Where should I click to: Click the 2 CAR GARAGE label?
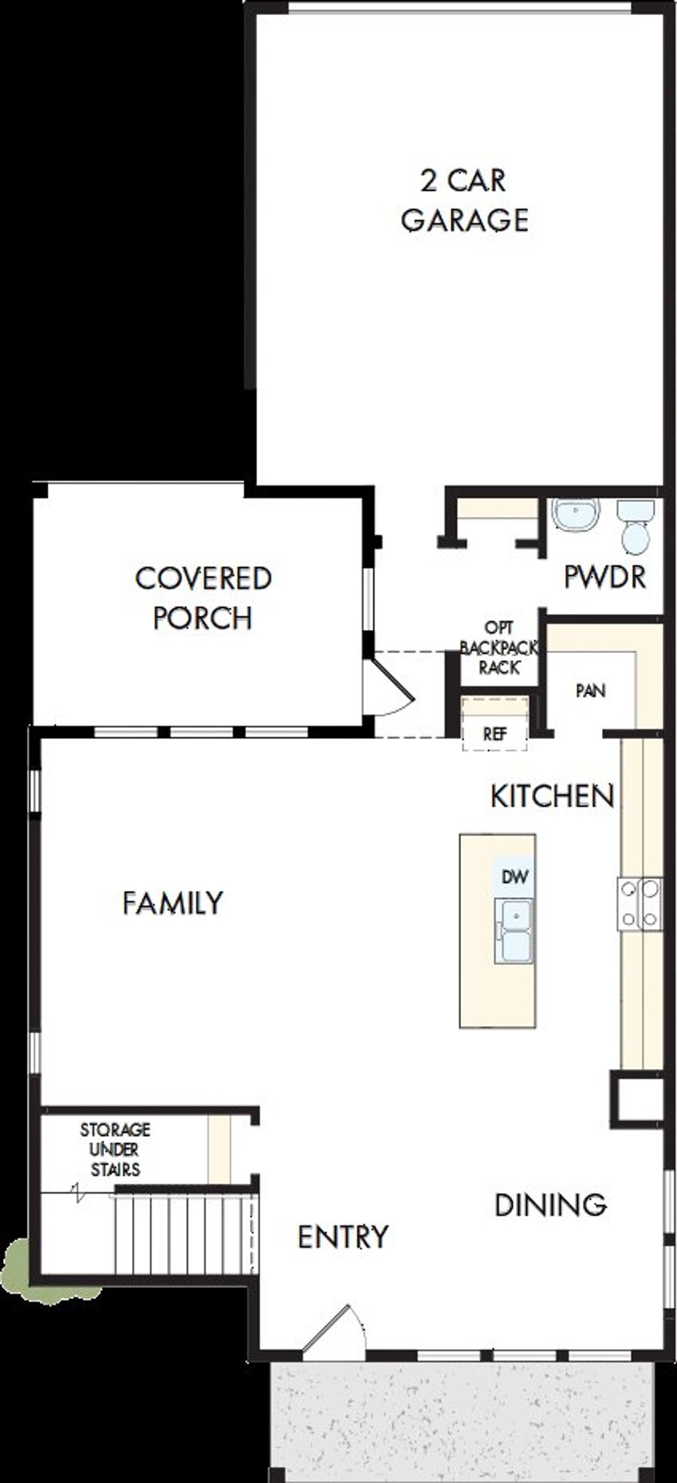coord(464,200)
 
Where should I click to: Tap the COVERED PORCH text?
coord(203,598)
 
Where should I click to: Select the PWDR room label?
coord(605,577)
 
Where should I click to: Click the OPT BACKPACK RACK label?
coord(499,648)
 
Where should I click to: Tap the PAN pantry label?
coord(591,691)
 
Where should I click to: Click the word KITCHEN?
coord(552,797)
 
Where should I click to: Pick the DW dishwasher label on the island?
coord(515,877)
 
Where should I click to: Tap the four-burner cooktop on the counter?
coord(639,903)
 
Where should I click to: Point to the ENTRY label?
coord(343,1237)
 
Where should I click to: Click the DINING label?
coord(550,1205)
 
